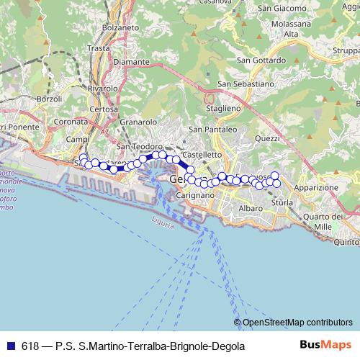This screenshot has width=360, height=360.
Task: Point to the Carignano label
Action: pyautogui.click(x=193, y=195)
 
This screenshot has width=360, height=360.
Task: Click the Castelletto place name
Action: pyautogui.click(x=202, y=154)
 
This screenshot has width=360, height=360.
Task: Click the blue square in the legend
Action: pyautogui.click(x=11, y=346)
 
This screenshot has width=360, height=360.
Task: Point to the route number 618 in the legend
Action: pyautogui.click(x=30, y=346)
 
